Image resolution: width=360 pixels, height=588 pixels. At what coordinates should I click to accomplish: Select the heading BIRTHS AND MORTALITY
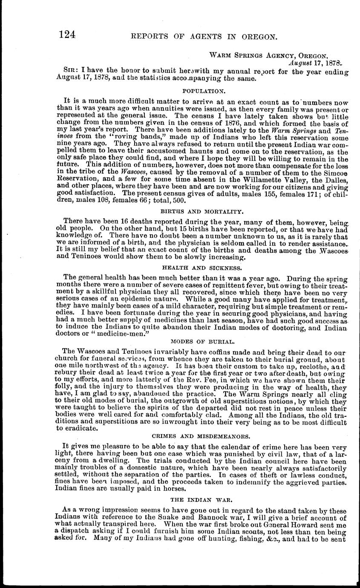click(x=202, y=210)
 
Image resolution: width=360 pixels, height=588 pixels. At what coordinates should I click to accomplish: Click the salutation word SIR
click(x=70, y=72)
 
